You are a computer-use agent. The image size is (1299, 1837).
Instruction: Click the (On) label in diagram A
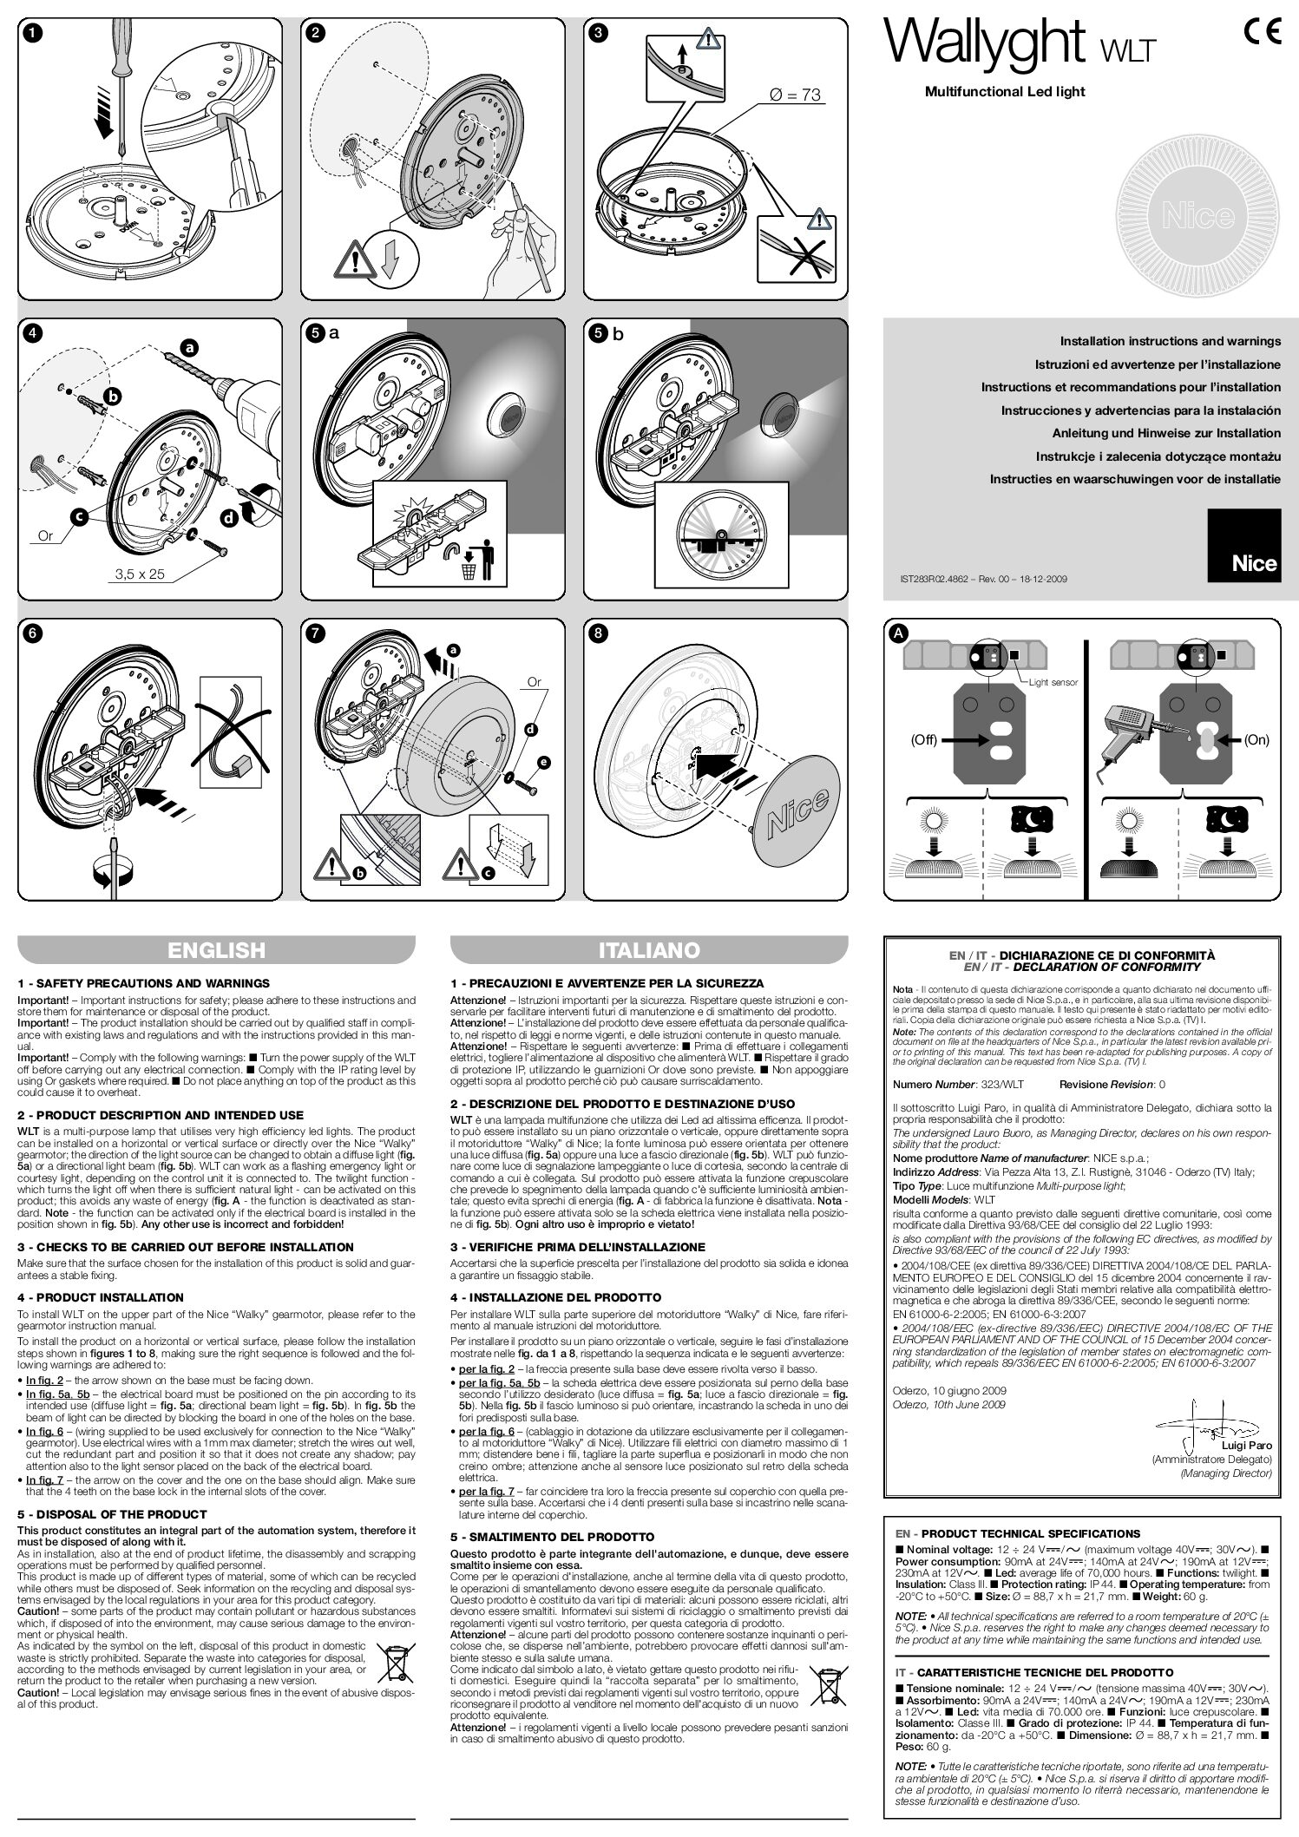(1256, 740)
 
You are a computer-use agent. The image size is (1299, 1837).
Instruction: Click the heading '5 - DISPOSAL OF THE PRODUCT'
(112, 1513)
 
